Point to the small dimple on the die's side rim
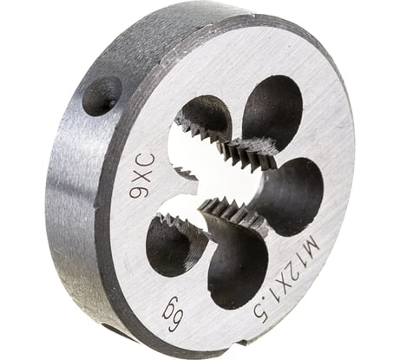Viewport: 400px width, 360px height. click(102, 95)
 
